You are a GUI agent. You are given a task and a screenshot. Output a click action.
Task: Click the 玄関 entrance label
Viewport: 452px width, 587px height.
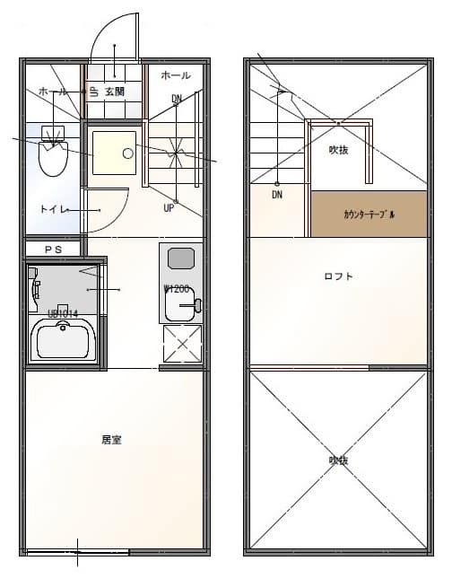point(114,92)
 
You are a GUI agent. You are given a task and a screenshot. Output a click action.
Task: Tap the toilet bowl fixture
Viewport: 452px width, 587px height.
point(54,159)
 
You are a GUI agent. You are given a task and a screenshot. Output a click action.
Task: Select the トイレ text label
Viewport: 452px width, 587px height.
point(50,209)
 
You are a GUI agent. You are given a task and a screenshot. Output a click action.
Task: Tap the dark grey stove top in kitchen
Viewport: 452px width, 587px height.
point(179,258)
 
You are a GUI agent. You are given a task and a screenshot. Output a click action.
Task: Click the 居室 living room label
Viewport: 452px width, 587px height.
point(111,440)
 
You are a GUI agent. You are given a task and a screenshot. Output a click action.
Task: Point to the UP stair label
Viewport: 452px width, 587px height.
point(169,208)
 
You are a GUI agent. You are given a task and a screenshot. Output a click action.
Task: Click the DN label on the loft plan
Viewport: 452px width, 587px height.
point(278,194)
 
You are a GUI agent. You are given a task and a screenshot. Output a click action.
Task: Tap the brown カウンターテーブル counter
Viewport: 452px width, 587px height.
point(369,215)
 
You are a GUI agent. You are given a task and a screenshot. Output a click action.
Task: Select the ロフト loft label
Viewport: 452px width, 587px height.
point(338,276)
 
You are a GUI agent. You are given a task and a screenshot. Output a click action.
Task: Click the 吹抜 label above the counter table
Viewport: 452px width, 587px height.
point(338,150)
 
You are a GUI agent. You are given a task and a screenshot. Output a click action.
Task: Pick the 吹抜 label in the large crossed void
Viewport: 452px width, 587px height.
point(338,460)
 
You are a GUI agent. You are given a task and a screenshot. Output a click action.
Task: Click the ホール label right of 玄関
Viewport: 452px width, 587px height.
point(176,75)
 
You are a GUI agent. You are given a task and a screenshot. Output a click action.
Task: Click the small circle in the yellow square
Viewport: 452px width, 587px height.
point(128,153)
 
